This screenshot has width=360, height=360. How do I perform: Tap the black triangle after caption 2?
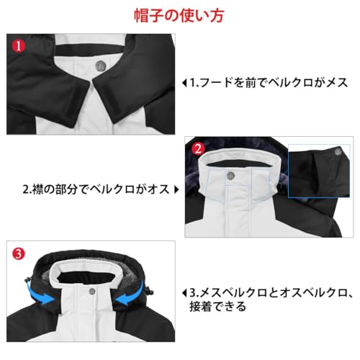point(176,189)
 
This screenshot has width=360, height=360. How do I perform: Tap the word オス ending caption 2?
point(160,189)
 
